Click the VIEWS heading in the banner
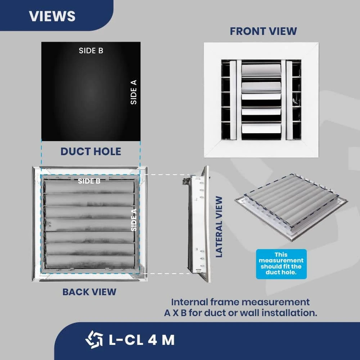[52, 16]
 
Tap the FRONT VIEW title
[264, 31]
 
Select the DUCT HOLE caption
[91, 152]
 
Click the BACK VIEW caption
[89, 292]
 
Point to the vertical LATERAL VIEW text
[219, 227]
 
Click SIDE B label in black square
[91, 50]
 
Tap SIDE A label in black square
[134, 92]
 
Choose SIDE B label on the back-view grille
[89, 181]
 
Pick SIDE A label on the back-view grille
[134, 220]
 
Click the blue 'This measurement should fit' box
[281, 264]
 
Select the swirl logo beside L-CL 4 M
[94, 339]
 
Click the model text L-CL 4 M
[141, 340]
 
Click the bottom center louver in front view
[261, 129]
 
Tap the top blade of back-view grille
[89, 187]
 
